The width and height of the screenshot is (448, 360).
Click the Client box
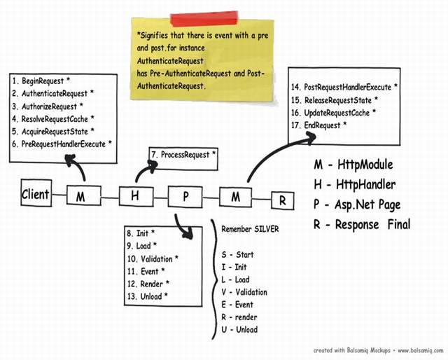point(36,194)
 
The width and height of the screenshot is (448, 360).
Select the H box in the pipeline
point(135,196)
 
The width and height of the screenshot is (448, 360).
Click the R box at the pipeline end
point(283,200)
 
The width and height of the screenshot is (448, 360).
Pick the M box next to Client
point(81,197)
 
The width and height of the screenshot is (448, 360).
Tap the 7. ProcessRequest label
point(183,155)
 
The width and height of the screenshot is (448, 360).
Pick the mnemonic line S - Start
point(238,254)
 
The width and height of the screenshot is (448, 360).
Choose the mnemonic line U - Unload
point(239,329)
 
